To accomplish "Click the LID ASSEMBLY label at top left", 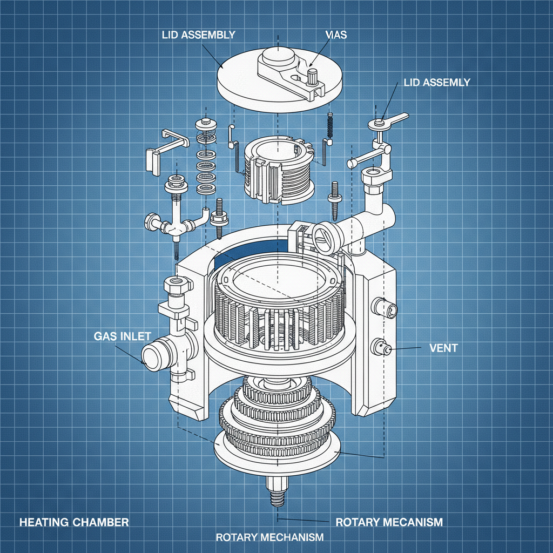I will point(198,35).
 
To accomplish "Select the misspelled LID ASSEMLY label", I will point(436,83).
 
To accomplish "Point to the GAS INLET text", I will point(122,336).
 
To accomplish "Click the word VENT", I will point(443,348).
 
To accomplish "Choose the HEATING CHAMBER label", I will point(75,522).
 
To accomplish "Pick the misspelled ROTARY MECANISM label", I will point(389,522).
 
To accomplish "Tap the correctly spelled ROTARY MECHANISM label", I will point(269,537).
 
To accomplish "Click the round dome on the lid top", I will point(276,56).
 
